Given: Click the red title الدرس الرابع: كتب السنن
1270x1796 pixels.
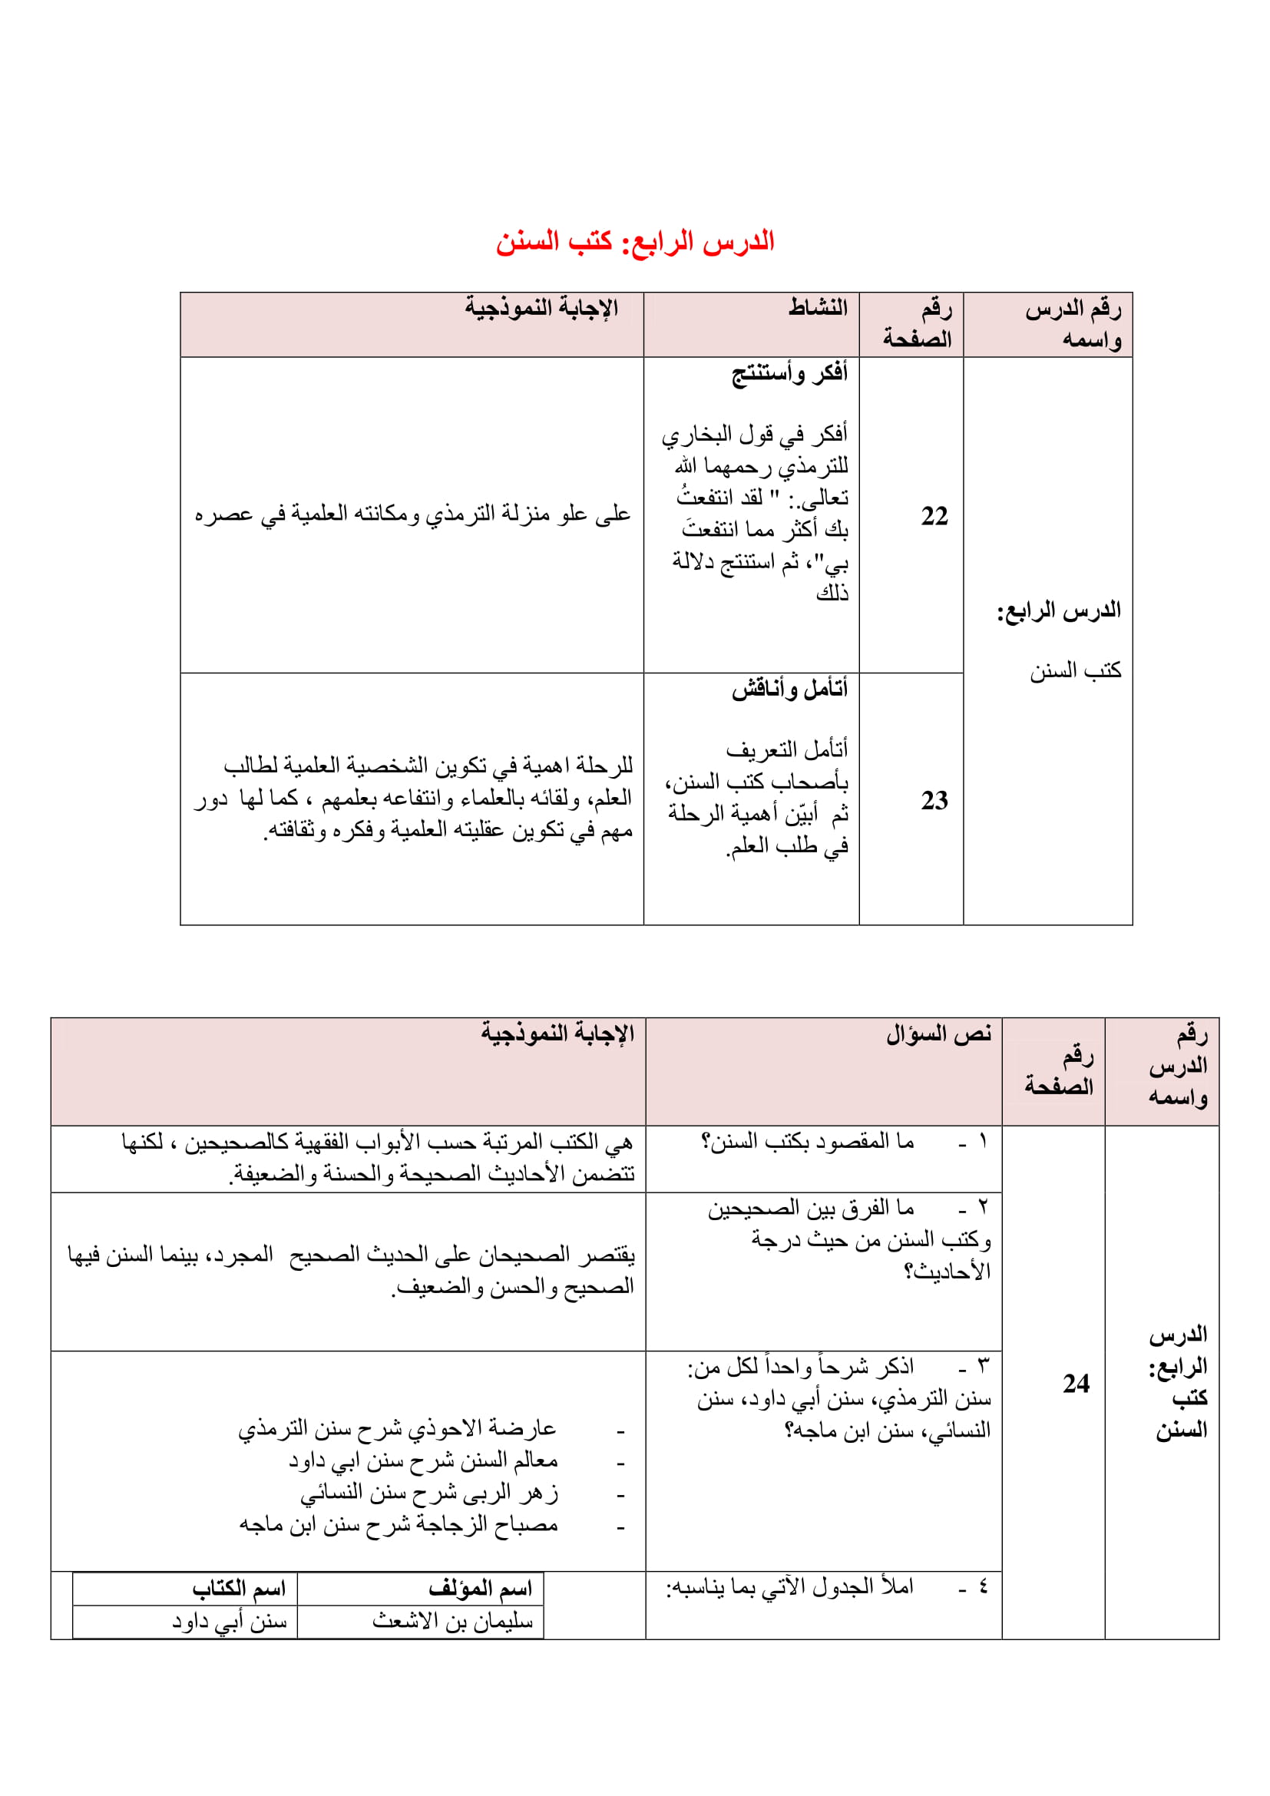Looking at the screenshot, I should click(x=634, y=241).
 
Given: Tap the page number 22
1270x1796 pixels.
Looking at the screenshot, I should click(x=934, y=516).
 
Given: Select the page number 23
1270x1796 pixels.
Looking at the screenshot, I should click(x=934, y=800).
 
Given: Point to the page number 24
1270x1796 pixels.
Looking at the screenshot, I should click(x=1076, y=1384).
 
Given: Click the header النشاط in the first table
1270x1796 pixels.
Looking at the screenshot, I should click(x=817, y=307).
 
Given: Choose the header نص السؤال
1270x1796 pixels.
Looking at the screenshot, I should click(x=938, y=1034).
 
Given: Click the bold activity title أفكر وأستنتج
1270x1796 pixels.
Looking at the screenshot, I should click(x=789, y=373).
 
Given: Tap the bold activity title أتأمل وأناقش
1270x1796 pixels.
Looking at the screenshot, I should click(x=789, y=689).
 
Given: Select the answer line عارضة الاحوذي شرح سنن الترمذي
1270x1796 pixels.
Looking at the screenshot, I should click(x=397, y=1428).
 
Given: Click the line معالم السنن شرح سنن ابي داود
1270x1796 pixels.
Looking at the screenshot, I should click(x=423, y=1460).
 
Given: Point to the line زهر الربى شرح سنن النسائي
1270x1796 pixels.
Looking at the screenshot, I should click(x=429, y=1493).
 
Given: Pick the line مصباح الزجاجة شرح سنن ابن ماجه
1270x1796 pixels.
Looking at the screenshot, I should click(x=398, y=1525).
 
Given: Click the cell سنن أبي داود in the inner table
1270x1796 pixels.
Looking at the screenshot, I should click(x=230, y=1622).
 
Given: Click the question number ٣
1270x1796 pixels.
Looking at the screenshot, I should click(x=983, y=1366).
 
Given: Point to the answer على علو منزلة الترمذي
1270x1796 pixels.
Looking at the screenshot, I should click(x=412, y=514).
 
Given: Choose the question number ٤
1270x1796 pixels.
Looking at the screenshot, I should click(x=983, y=1586).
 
